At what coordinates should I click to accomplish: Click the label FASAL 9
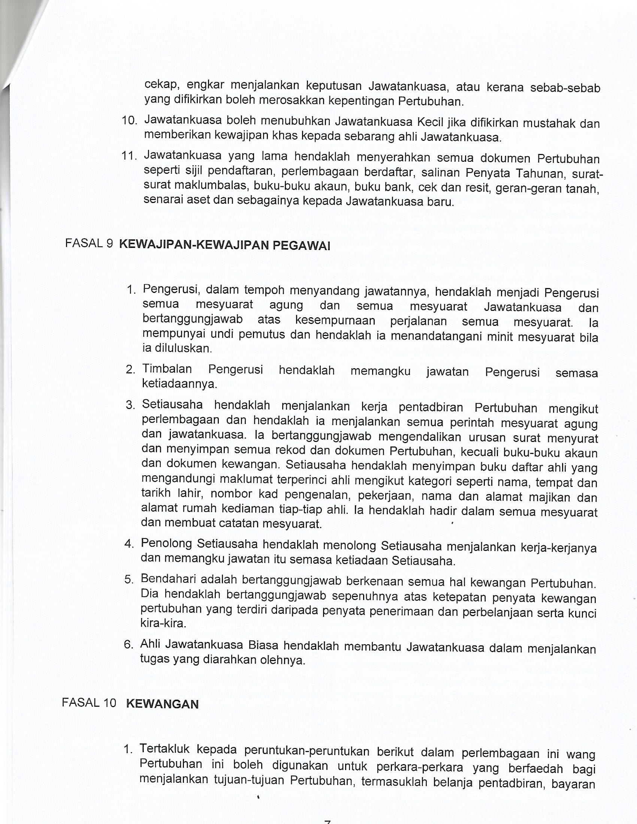pos(89,244)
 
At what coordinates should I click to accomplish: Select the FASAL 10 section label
pos(89,703)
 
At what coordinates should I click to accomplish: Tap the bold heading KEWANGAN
pos(162,704)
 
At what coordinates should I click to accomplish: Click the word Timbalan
pos(167,369)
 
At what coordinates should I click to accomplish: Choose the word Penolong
pos(166,543)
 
